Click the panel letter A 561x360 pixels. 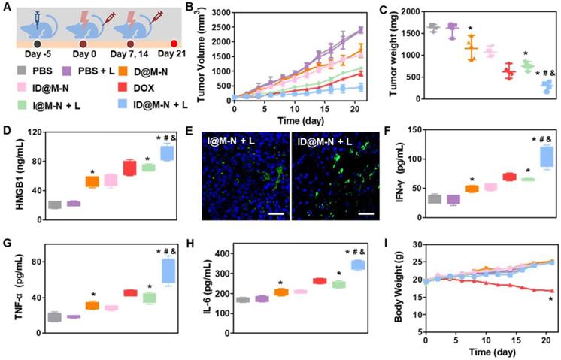(8, 9)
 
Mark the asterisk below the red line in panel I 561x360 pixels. (551, 300)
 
